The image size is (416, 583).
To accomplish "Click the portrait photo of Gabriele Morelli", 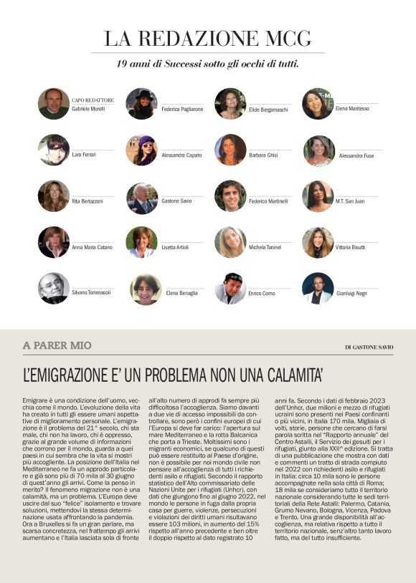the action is click(54, 104).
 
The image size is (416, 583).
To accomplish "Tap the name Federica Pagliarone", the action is click(182, 109).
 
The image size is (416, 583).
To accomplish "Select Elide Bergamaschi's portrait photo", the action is click(230, 104).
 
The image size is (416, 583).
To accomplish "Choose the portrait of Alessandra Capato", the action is click(141, 150).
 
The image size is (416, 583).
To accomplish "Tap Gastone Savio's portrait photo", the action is click(141, 198).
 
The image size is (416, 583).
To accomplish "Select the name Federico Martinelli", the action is click(269, 201).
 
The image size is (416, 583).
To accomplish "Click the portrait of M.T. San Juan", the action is click(318, 197).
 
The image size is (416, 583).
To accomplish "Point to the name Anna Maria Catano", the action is click(93, 247).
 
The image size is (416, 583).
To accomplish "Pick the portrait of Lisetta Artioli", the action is click(141, 242).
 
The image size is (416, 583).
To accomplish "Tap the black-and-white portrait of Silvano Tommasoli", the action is click(54, 288).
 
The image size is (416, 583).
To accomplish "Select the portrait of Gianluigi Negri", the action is click(318, 288).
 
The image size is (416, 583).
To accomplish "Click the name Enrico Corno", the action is click(262, 294).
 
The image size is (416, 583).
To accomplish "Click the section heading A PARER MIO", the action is click(57, 346).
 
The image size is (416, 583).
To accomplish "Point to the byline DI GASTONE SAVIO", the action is click(369, 347).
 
